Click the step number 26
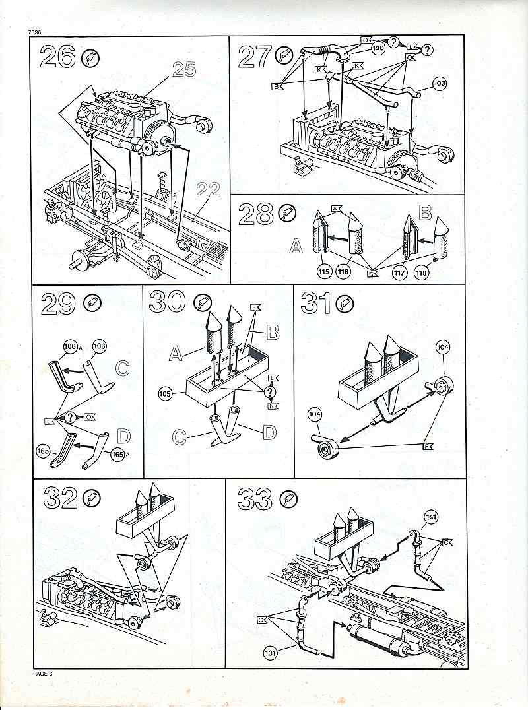point(58,57)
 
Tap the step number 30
point(166,302)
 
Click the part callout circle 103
point(440,83)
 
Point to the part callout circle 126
point(378,48)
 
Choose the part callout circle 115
point(324,273)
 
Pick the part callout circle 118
point(421,273)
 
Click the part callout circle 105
point(165,394)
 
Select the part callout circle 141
point(430,517)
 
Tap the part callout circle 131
point(271,653)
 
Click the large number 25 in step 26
point(184,69)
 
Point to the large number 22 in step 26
point(209,191)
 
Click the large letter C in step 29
point(123,368)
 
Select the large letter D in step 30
point(269,432)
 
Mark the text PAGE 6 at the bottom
point(43,674)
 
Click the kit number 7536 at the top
point(34,32)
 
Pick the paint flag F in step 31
point(427,447)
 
